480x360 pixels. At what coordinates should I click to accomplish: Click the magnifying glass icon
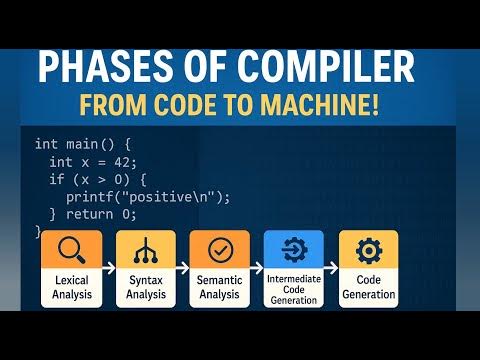pyautogui.click(x=70, y=249)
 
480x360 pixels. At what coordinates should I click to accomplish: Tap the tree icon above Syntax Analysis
pyautogui.click(x=145, y=249)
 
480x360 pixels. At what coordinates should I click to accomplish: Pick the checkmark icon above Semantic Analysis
pyautogui.click(x=219, y=249)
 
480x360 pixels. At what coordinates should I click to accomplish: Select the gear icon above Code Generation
pyautogui.click(x=368, y=249)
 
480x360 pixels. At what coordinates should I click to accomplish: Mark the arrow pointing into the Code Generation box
pyautogui.click(x=331, y=270)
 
